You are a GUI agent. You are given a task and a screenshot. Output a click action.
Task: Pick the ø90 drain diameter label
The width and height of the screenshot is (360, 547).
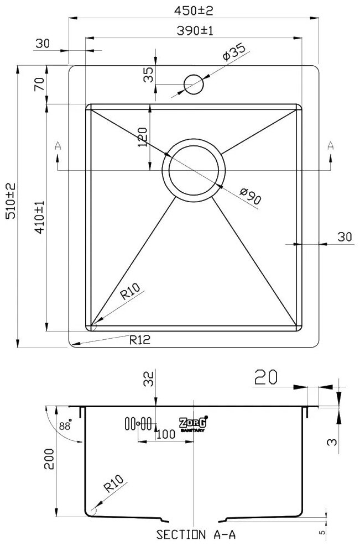pyautogui.click(x=251, y=197)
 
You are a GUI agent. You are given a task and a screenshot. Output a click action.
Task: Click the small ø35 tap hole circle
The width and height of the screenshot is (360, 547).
pyautogui.click(x=194, y=84)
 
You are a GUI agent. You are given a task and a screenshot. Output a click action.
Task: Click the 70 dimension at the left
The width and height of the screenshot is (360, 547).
pyautogui.click(x=39, y=84)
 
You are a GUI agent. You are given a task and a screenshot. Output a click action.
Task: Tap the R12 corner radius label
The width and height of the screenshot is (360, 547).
pyautogui.click(x=140, y=340)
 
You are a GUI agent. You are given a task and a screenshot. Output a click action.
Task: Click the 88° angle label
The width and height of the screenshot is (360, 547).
pyautogui.click(x=64, y=426)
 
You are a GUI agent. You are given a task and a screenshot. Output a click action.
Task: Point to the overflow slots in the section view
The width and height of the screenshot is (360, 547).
pyautogui.click(x=138, y=424)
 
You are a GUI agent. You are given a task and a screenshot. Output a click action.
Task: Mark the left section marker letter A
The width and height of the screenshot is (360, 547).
pyautogui.click(x=58, y=146)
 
